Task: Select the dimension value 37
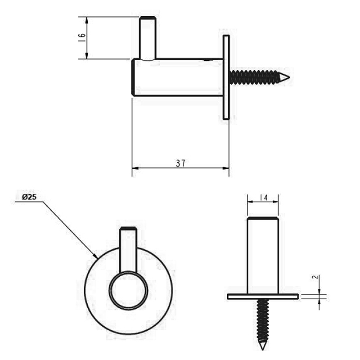pos(180,163)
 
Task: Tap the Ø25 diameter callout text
pos(29,197)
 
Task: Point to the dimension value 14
pos(263,197)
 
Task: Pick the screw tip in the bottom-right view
pos(262,346)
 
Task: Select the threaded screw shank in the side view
pos(254,77)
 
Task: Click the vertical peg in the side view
pos(148,38)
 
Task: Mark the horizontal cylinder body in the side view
pos(178,77)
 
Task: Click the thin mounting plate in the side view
pos(226,77)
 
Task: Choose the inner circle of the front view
pos(128,290)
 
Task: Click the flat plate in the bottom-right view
pos(263,296)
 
